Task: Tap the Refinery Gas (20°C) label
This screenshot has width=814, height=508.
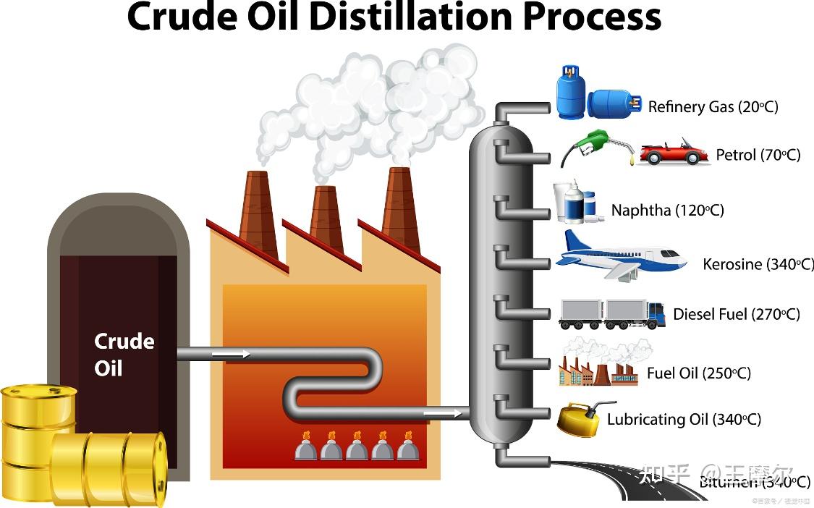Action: coord(713,107)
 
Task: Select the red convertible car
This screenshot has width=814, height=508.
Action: coord(674,153)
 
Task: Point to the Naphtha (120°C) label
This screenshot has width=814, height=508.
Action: coord(667,211)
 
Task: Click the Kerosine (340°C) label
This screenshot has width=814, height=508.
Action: coord(758,264)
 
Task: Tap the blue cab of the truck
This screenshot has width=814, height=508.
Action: coord(656,313)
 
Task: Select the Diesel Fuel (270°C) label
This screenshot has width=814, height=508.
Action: coord(736,314)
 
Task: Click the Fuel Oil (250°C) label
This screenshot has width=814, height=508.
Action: coord(698,373)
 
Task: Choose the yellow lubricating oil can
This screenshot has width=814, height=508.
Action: coord(579,420)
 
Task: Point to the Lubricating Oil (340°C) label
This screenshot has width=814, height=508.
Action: coord(684,420)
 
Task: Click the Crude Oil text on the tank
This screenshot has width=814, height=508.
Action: coord(124,355)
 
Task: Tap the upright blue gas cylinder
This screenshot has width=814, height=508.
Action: coord(569,92)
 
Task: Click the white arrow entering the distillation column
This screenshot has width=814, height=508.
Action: coord(442,413)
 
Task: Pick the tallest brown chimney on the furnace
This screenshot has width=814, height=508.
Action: coord(401,209)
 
